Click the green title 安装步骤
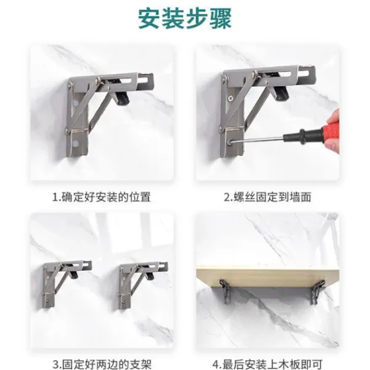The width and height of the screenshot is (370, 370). tap(184, 19)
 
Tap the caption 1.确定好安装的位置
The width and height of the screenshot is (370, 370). tap(102, 197)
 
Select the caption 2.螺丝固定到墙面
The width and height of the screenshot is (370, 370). tap(268, 197)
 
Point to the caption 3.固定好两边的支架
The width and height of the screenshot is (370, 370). tap(102, 364)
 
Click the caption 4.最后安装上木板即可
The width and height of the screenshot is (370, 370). tap(268, 364)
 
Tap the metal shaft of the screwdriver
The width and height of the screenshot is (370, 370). tap(258, 140)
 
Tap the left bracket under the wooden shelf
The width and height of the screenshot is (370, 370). tap(225, 291)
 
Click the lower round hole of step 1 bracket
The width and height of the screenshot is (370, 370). tap(76, 143)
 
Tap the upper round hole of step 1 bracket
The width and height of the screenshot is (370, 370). tap(75, 103)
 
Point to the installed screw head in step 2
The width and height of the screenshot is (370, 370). tap(230, 97)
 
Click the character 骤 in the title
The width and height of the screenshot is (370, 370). tap(220, 19)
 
